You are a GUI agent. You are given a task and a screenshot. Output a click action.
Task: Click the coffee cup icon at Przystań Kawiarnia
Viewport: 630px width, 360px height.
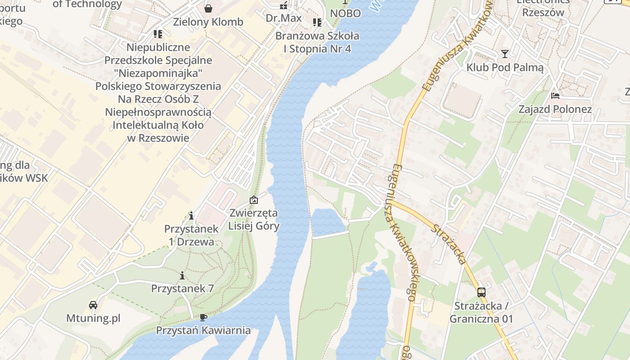click(x=203, y=317)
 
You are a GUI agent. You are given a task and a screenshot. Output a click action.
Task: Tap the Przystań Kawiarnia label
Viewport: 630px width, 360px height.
click(x=203, y=330)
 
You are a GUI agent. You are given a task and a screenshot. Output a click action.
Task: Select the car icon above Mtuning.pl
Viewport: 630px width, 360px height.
click(x=93, y=305)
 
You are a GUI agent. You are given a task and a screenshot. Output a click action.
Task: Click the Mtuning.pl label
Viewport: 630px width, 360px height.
click(x=94, y=318)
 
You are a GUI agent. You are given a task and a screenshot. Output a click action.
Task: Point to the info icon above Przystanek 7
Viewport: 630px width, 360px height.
click(x=182, y=275)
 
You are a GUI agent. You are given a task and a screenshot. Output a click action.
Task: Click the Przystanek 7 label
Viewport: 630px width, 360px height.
click(x=182, y=288)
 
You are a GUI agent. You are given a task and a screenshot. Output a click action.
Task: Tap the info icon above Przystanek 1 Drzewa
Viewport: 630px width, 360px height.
click(x=191, y=216)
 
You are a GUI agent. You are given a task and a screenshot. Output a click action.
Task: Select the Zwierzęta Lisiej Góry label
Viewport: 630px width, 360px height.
click(x=254, y=219)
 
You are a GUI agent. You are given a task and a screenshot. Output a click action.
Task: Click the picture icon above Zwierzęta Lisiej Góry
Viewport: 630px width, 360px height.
click(x=254, y=200)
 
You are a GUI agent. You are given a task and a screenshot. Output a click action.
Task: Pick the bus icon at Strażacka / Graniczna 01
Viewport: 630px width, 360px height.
click(x=481, y=292)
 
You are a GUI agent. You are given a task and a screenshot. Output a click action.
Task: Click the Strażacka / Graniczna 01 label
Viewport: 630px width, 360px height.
click(x=481, y=312)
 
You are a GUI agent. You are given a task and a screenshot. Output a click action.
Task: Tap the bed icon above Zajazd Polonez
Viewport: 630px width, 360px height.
click(x=555, y=96)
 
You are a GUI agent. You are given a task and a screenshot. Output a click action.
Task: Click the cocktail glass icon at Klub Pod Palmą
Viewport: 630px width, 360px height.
click(x=505, y=54)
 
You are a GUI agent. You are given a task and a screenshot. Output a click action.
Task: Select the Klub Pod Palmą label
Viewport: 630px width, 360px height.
click(x=505, y=68)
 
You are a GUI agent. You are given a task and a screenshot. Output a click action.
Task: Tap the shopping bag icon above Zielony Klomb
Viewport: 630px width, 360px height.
click(x=208, y=8)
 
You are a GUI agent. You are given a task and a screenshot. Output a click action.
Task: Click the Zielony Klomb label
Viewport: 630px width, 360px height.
click(x=208, y=22)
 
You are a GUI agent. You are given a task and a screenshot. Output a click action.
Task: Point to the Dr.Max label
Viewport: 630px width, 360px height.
click(x=283, y=18)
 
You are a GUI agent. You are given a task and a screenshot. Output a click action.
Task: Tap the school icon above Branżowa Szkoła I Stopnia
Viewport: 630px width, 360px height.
click(x=317, y=22)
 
